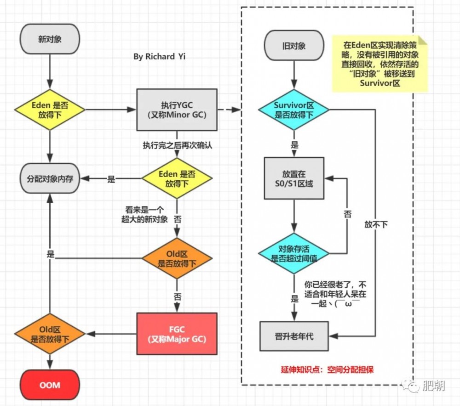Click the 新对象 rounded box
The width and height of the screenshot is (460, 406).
[x=50, y=40]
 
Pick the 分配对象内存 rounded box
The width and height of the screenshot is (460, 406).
[x=50, y=179]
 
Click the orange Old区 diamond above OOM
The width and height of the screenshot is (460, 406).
[x=50, y=334]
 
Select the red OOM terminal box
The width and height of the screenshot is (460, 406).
[x=50, y=384]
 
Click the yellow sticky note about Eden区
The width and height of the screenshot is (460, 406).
[x=379, y=64]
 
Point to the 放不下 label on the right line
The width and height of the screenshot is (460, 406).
[x=376, y=224]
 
